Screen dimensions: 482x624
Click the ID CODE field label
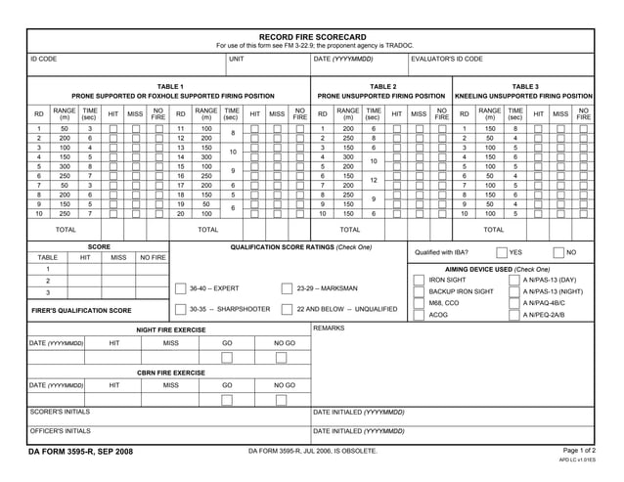click(43, 60)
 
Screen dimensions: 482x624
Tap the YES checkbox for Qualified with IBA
click(501, 252)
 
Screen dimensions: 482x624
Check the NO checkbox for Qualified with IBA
click(558, 252)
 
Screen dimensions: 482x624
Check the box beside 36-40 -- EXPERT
click(181, 288)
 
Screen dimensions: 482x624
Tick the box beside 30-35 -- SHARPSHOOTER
click(181, 309)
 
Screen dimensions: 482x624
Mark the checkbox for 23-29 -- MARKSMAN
click(288, 288)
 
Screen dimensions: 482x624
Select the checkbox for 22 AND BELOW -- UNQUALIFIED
click(288, 309)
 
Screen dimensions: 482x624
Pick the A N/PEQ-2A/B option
click(544, 315)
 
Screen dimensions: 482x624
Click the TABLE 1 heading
click(170, 86)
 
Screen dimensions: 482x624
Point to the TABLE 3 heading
click(525, 86)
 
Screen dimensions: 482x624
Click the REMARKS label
click(330, 329)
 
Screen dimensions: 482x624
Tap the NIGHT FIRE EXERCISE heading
click(171, 330)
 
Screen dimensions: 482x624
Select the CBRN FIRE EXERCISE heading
click(171, 372)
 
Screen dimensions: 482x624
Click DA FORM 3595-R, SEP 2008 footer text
click(83, 451)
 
